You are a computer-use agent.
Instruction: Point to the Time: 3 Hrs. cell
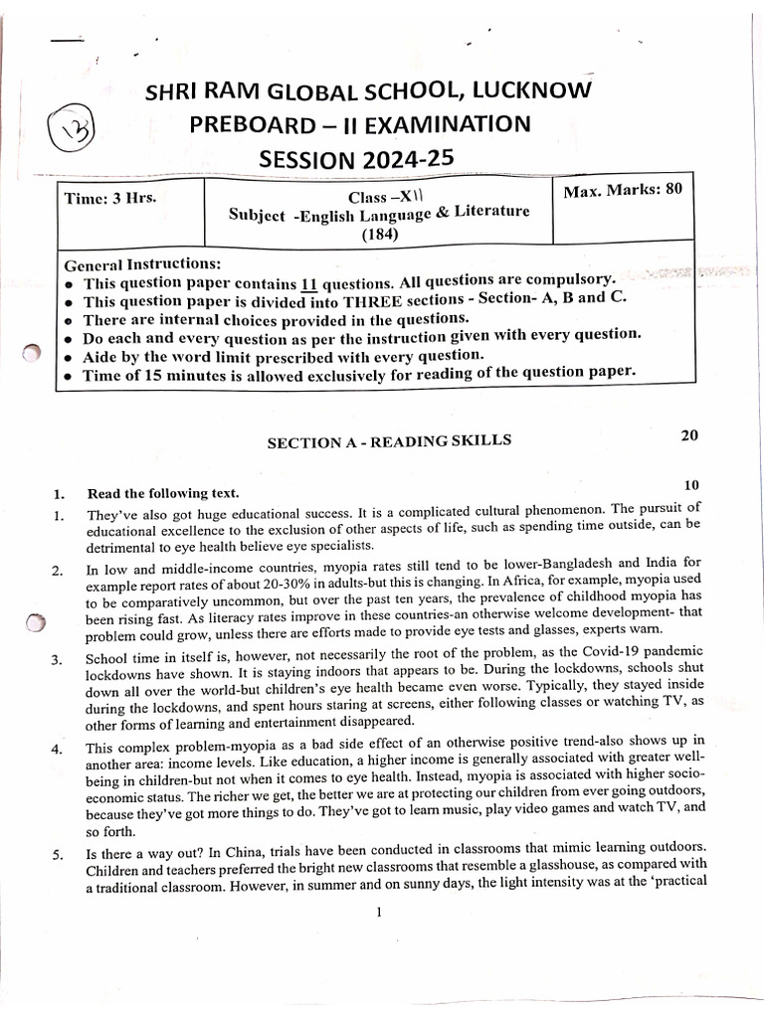click(x=110, y=197)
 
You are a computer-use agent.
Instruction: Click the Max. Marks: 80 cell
click(x=623, y=190)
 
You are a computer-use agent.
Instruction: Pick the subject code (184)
click(x=379, y=235)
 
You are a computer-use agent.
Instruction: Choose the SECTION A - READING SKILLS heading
click(x=389, y=441)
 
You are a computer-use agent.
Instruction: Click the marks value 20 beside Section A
click(x=689, y=435)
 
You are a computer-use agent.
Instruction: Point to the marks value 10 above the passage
click(x=692, y=484)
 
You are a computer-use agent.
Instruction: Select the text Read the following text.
click(x=163, y=493)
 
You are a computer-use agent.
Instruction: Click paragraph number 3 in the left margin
click(x=58, y=659)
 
